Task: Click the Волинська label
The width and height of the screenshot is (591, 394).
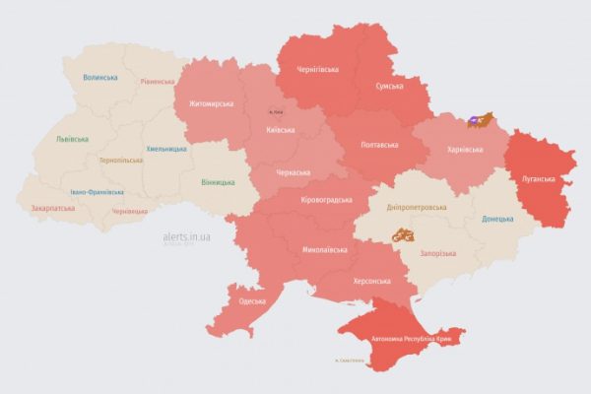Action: tap(100, 77)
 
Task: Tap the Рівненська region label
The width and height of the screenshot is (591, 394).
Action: tap(158, 82)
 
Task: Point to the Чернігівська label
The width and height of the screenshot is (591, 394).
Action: tap(321, 71)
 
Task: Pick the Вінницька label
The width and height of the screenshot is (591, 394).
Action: tap(218, 182)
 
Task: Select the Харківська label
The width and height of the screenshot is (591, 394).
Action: tap(464, 150)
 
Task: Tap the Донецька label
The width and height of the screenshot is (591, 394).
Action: tap(497, 218)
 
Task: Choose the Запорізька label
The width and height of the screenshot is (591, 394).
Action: tap(439, 253)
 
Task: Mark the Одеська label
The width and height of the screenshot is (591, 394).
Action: tap(251, 300)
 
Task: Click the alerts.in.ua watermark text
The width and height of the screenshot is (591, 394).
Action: tap(185, 237)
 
